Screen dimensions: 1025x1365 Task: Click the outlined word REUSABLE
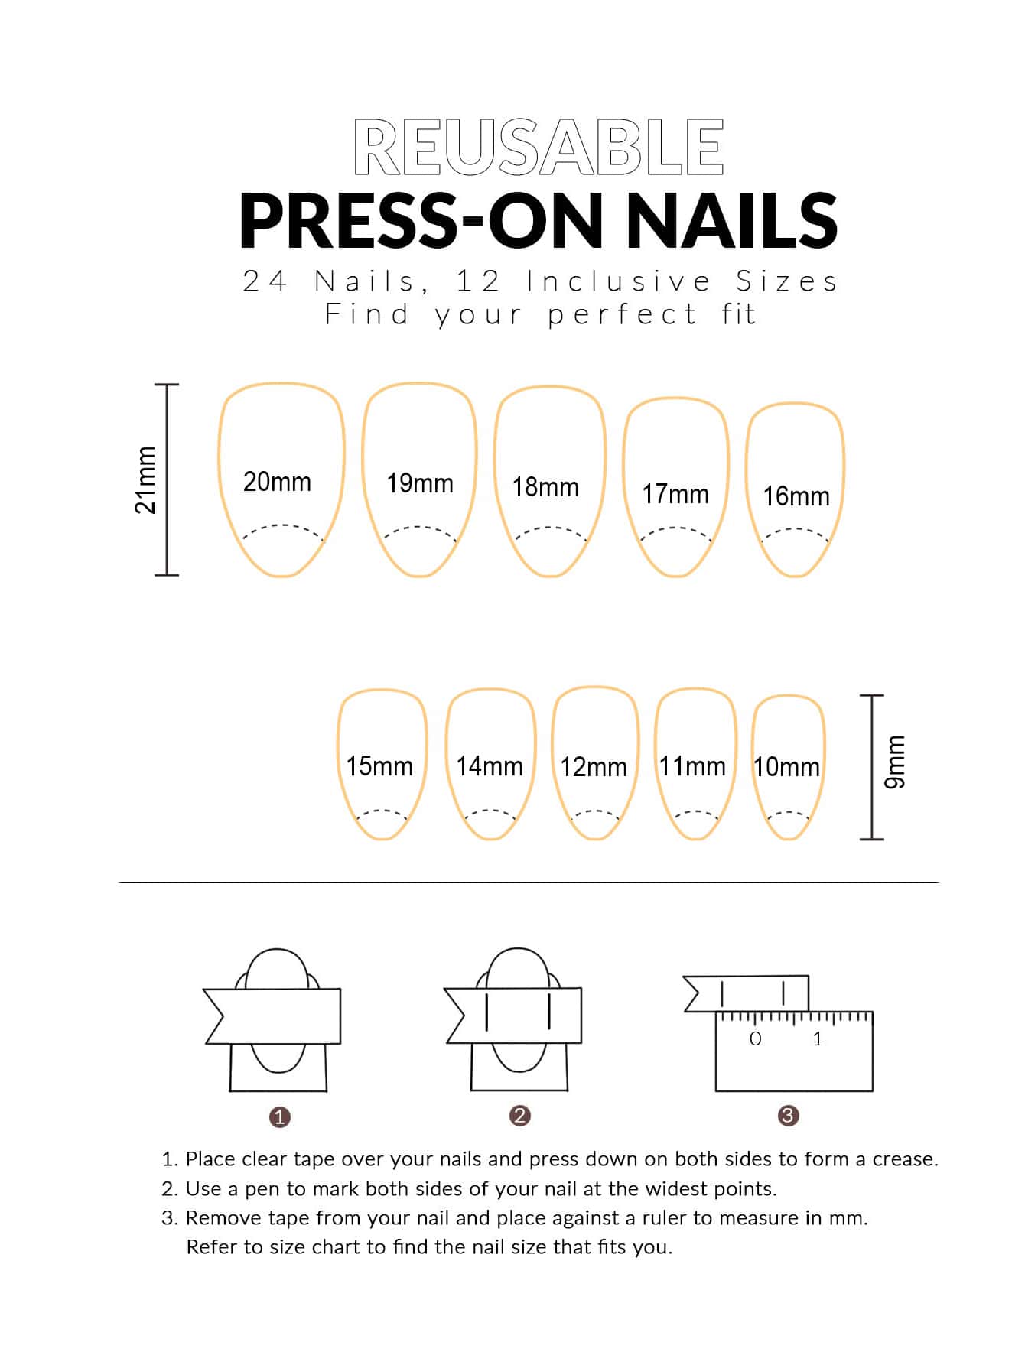click(539, 147)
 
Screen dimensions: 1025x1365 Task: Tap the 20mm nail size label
click(277, 482)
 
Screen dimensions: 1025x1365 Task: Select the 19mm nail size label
click(420, 483)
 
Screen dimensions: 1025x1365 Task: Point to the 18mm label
click(545, 487)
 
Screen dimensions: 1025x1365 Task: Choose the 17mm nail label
click(675, 494)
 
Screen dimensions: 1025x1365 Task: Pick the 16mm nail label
click(796, 496)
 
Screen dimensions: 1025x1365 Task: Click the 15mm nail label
click(379, 766)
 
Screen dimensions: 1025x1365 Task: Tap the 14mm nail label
click(490, 766)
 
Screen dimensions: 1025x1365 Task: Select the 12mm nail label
click(594, 767)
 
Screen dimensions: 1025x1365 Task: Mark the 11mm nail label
click(692, 765)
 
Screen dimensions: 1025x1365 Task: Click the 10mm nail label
click(787, 767)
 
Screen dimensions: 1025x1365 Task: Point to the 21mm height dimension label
click(145, 480)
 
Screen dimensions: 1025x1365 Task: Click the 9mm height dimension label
click(894, 762)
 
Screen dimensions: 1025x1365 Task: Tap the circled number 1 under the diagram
click(280, 1117)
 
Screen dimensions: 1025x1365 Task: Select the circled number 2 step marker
click(519, 1116)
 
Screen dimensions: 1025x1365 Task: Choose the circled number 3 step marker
click(788, 1116)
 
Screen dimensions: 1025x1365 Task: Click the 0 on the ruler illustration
click(756, 1038)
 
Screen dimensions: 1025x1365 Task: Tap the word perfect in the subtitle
click(623, 315)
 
